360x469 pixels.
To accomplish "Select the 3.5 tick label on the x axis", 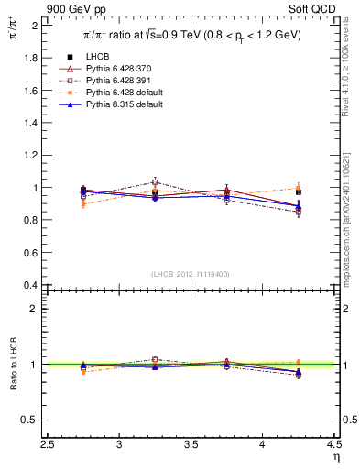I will [x=191, y=445].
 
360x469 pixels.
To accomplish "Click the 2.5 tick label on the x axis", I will [x=49, y=445].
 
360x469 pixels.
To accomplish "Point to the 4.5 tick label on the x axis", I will [x=333, y=445].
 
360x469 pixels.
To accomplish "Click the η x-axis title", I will [x=335, y=457].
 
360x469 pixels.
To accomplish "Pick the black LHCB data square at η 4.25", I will [x=298, y=192].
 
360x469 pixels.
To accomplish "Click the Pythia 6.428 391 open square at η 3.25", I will [x=155, y=182].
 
